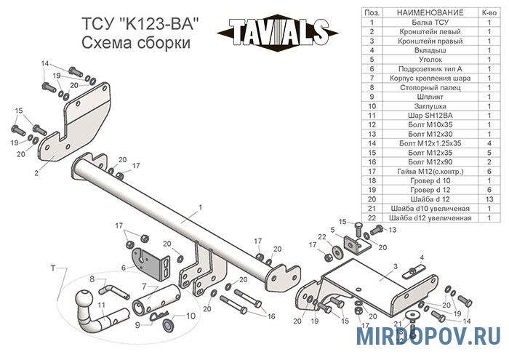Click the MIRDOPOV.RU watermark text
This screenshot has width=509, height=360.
[x=428, y=336]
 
